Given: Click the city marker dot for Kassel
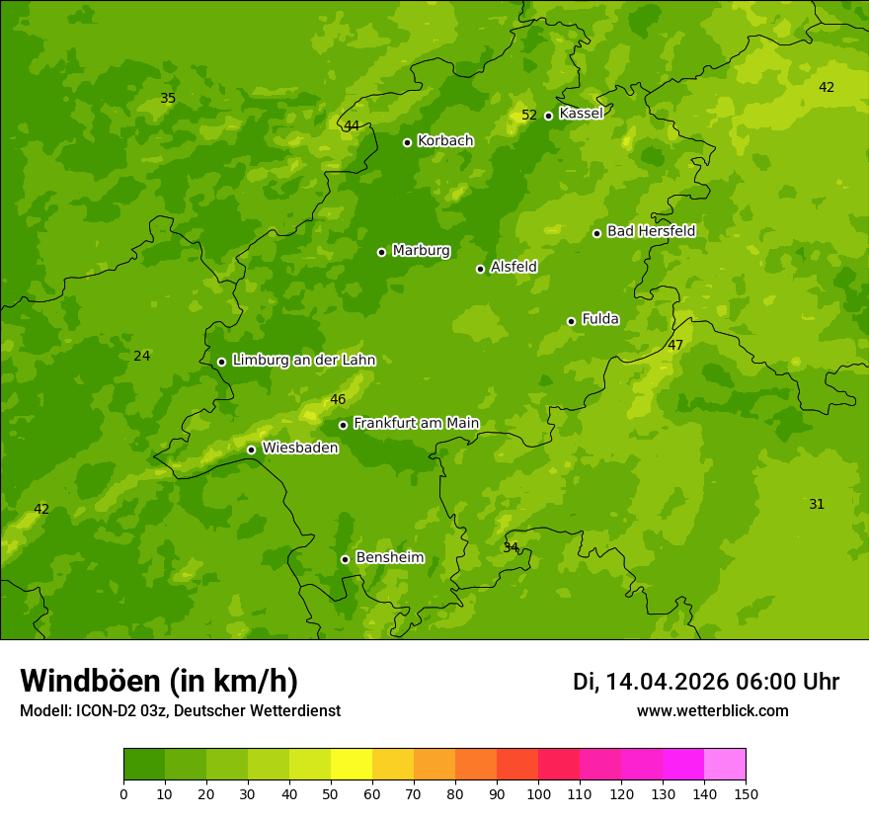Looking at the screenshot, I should pyautogui.click(x=549, y=116).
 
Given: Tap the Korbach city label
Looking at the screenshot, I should pyautogui.click(x=445, y=140).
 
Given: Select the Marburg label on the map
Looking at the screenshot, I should pyautogui.click(x=421, y=250).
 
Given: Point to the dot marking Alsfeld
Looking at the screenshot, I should pyautogui.click(x=480, y=269).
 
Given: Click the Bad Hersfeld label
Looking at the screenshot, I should pyautogui.click(x=651, y=231).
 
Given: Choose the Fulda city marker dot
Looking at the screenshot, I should pyautogui.click(x=571, y=321).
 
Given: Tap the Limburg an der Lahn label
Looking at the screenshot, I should pyautogui.click(x=303, y=360).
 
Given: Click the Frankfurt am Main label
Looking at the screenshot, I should pyautogui.click(x=416, y=423).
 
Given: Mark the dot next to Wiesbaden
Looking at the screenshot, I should pyautogui.click(x=251, y=450).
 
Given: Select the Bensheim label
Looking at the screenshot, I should pyautogui.click(x=389, y=557).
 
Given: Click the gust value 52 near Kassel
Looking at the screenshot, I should pyautogui.click(x=529, y=115).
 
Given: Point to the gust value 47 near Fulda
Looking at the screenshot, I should pyautogui.click(x=675, y=345).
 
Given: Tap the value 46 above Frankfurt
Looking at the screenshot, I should pyautogui.click(x=338, y=399).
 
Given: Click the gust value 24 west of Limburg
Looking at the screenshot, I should pyautogui.click(x=142, y=356).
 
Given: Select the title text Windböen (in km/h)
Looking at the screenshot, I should pyautogui.click(x=159, y=681).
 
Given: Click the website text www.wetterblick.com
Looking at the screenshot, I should pyautogui.click(x=712, y=710).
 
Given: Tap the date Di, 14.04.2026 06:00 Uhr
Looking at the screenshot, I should pyautogui.click(x=706, y=682).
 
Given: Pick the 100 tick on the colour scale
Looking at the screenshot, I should pyautogui.click(x=538, y=793).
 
